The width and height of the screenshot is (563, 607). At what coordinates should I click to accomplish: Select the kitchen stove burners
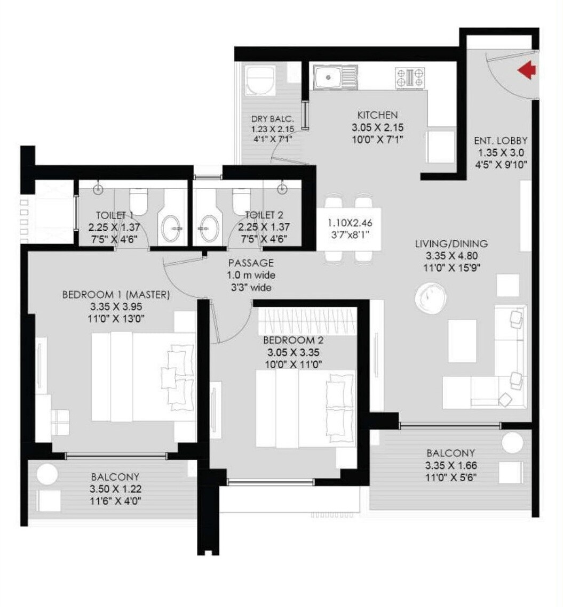[410, 78]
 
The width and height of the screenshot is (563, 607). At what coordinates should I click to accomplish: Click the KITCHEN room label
[377, 115]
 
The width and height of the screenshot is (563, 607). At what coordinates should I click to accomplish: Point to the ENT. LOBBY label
[501, 141]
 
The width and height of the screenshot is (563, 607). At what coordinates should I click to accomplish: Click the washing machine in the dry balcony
[260, 80]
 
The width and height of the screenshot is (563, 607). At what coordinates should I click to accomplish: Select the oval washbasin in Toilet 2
[209, 229]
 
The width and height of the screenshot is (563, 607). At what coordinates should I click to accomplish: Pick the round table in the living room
[431, 297]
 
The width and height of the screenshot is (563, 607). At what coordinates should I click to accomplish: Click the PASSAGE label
[251, 263]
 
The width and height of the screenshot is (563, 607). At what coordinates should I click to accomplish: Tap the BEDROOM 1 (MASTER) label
[116, 294]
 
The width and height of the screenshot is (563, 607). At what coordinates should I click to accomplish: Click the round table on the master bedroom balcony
[47, 474]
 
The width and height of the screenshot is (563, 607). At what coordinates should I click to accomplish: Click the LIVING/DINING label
[451, 244]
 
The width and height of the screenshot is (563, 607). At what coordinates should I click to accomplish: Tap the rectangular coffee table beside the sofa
[462, 341]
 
